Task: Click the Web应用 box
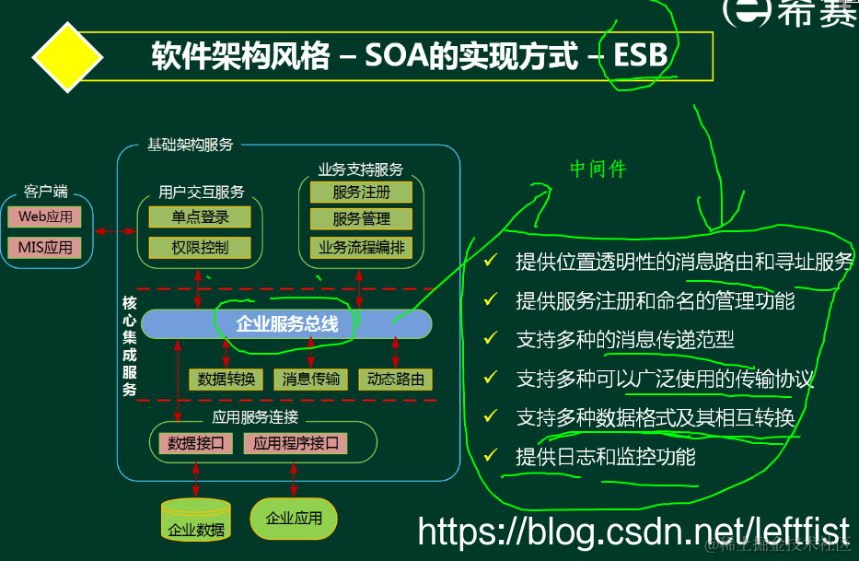point(45,217)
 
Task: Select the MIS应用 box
point(45,248)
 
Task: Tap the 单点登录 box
point(199,217)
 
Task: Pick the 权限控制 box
point(199,248)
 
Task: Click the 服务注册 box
point(361,192)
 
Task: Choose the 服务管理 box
point(361,219)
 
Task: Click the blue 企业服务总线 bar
point(286,323)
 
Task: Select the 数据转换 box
point(226,379)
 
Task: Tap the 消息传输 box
point(310,379)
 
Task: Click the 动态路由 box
point(396,379)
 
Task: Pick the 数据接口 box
point(196,443)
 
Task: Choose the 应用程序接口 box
point(296,443)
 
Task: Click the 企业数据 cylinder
point(195,520)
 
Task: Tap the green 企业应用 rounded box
point(294,519)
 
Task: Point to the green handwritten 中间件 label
point(598,169)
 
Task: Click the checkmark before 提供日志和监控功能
point(491,455)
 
